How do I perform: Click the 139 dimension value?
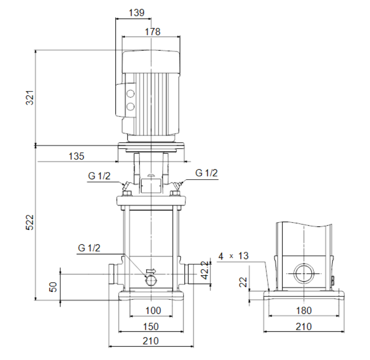coord(137,13)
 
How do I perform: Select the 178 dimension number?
coord(152,32)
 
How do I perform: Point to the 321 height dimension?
coord(30,97)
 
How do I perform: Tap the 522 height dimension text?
coord(30,222)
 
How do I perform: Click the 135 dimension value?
coord(76,156)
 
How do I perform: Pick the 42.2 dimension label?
coord(205,270)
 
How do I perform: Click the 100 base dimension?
coord(153,310)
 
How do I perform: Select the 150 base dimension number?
coord(151,327)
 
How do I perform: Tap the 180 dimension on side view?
coord(304,310)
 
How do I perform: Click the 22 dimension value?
coord(243,282)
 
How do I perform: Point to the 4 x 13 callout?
coord(233,256)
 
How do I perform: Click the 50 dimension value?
coord(53,287)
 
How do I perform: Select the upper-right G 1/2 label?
coord(206,173)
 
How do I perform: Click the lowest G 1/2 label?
coord(89,248)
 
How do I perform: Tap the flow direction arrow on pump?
coord(151,271)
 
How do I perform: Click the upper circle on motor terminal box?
coord(130,94)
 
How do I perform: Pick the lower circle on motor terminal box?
coord(130,106)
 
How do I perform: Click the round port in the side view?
coord(304,274)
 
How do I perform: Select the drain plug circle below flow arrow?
coord(151,281)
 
